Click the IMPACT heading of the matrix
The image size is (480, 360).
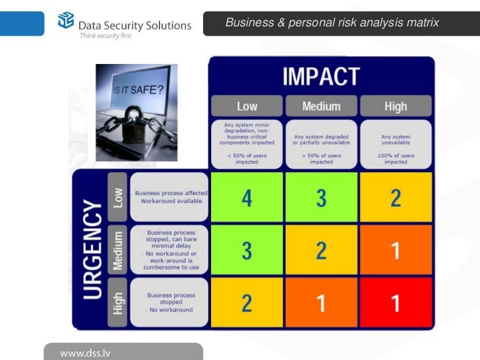(x=321, y=76)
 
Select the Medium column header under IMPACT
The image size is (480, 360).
(x=321, y=106)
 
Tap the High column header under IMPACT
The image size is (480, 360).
(x=396, y=106)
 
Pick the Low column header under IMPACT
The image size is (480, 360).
(x=247, y=106)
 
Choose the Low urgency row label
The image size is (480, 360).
(x=117, y=197)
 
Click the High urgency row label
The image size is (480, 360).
(x=117, y=303)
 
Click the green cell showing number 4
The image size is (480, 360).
(x=247, y=198)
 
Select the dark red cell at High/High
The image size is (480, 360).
(x=396, y=303)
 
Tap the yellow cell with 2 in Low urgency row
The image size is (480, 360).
(x=396, y=198)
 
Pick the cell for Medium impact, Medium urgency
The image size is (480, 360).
(x=321, y=251)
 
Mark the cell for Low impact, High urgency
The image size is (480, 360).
(x=247, y=303)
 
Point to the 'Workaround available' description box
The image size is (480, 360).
(x=169, y=197)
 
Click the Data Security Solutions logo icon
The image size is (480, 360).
(x=67, y=22)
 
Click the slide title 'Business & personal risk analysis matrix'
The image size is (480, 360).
(x=332, y=23)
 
